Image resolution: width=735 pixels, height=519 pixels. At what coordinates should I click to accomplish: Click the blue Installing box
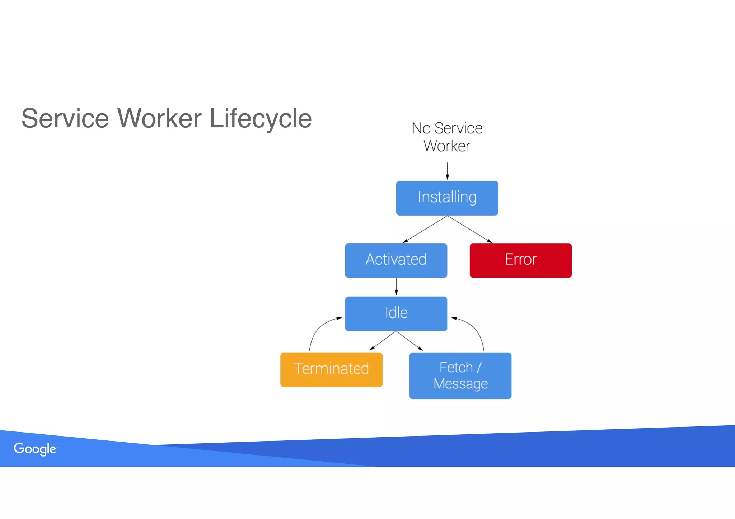[447, 198]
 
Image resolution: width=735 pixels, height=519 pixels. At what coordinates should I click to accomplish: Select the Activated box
[396, 260]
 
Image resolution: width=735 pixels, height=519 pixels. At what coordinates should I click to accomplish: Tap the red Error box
[520, 260]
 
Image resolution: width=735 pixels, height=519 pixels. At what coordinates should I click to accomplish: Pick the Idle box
[396, 313]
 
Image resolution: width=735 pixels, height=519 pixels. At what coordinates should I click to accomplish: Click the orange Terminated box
[331, 369]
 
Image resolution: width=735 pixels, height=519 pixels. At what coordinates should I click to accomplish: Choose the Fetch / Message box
[460, 375]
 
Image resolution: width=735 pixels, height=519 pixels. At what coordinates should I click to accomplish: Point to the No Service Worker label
[447, 137]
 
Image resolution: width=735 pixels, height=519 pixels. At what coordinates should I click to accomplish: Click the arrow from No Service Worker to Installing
[447, 170]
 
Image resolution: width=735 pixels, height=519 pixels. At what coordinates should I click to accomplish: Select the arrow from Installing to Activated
[425, 229]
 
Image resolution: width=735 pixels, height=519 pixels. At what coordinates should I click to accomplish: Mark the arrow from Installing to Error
[469, 229]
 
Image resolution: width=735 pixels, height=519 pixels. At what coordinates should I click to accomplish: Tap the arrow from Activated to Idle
[396, 286]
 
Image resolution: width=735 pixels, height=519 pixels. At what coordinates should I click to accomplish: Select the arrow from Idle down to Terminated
[383, 340]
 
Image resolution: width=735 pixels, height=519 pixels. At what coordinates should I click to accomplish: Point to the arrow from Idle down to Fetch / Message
[409, 341]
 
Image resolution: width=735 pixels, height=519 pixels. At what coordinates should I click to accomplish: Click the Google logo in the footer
[35, 449]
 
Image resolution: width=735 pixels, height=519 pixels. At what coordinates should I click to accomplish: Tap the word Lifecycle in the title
[260, 119]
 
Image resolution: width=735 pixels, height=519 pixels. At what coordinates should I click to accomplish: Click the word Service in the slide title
[65, 119]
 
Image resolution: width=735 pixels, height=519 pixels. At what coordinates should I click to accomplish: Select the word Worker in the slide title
[159, 119]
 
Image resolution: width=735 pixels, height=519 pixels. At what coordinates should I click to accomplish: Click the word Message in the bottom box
[460, 384]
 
